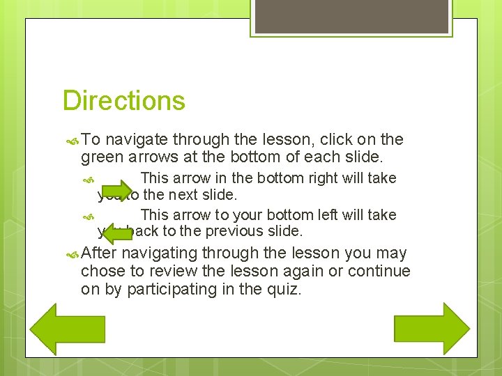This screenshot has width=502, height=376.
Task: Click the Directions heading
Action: pos(123,100)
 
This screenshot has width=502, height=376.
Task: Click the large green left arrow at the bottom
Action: pos(60,329)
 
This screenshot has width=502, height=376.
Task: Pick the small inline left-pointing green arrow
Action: pos(117,229)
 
